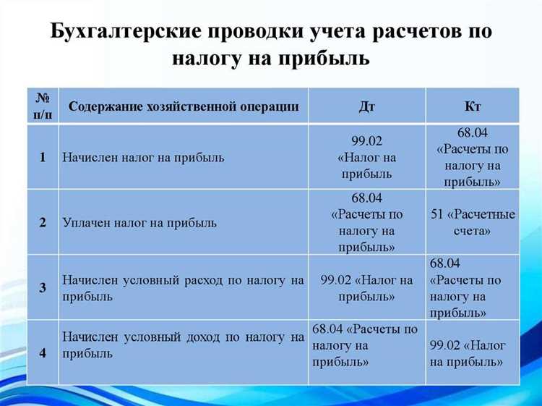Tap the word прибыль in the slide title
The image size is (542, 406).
(321, 58)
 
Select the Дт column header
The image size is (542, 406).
(366, 106)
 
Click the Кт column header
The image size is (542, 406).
(473, 106)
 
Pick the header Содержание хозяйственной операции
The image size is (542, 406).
(184, 106)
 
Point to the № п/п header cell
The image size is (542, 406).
(43, 106)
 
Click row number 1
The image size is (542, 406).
(43, 157)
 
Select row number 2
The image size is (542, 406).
(43, 222)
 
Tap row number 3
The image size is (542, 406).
(43, 287)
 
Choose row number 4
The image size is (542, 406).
(43, 352)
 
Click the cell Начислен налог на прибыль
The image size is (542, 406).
(143, 157)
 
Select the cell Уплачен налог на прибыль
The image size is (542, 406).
(139, 222)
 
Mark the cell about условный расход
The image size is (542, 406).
(183, 287)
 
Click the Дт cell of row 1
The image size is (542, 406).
(366, 158)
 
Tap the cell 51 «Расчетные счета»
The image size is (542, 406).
(473, 223)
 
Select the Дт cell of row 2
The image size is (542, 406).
(366, 222)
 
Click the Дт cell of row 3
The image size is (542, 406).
(366, 288)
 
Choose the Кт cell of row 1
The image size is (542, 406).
(473, 157)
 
